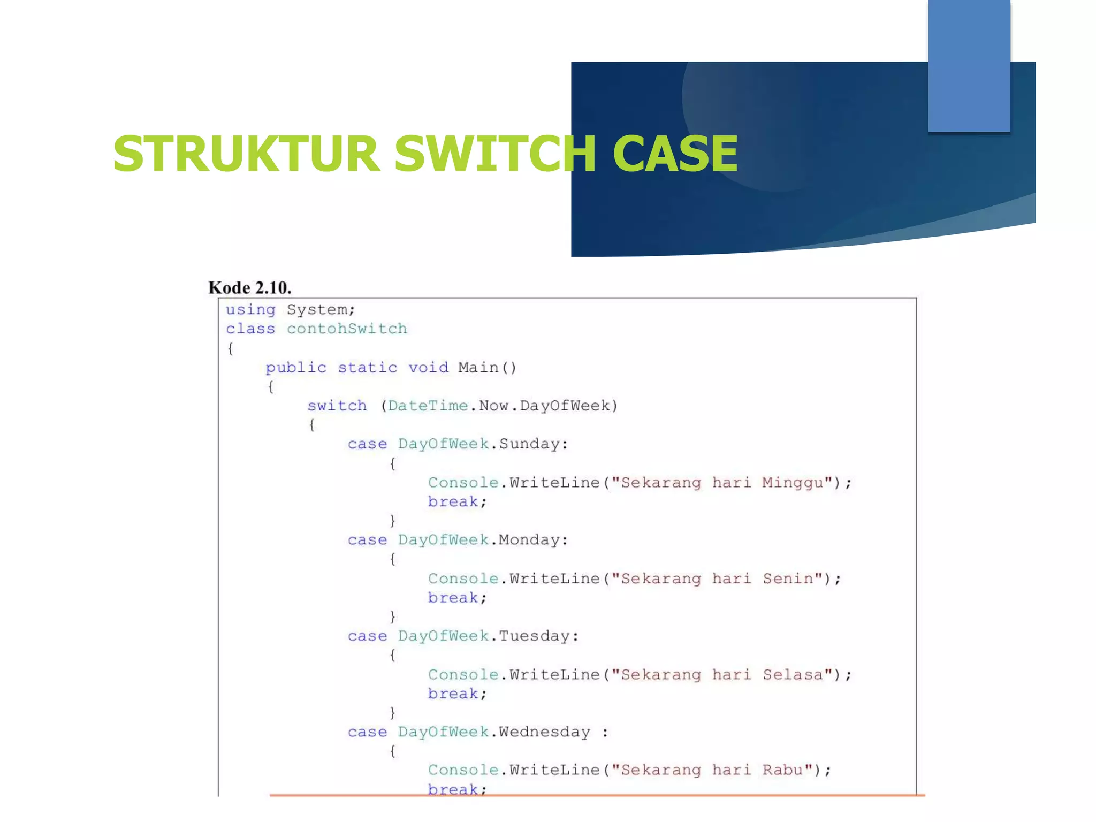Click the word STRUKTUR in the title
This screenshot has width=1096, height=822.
pyautogui.click(x=246, y=154)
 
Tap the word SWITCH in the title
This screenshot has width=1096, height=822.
pyautogui.click(x=495, y=154)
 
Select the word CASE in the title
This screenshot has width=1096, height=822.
pyautogui.click(x=675, y=154)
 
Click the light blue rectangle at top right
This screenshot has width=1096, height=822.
pyautogui.click(x=969, y=65)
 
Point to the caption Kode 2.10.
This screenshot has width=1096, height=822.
pyautogui.click(x=250, y=288)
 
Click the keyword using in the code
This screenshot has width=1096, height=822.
pyautogui.click(x=250, y=310)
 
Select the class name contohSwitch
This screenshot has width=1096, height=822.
pyautogui.click(x=347, y=329)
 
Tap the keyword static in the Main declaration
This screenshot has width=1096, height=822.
pyautogui.click(x=367, y=368)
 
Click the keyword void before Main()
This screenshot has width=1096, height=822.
pyautogui.click(x=428, y=368)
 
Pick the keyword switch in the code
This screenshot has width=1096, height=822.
pyautogui.click(x=337, y=406)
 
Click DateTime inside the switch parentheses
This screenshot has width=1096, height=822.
pyautogui.click(x=428, y=406)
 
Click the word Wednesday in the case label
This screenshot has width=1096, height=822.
pyautogui.click(x=544, y=732)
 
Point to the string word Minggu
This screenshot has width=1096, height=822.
pyautogui.click(x=793, y=483)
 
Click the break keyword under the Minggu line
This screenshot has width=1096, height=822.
pyautogui.click(x=453, y=502)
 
